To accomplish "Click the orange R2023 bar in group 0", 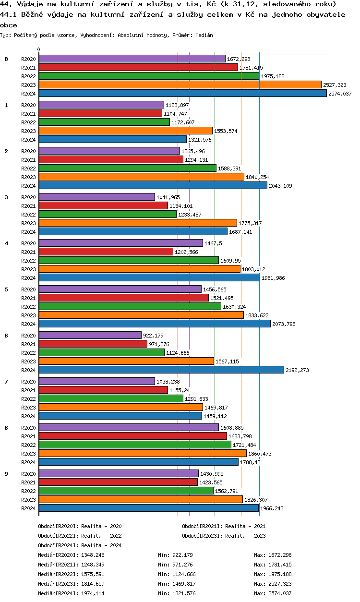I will coord(180,84).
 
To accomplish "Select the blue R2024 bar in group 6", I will coord(161,370).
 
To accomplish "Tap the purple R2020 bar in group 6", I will coord(90,335).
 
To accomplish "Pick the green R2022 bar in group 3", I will coord(108,214).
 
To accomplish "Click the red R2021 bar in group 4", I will coord(106,252).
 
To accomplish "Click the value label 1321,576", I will coord(200,140).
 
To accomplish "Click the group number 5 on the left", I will coord(6,289).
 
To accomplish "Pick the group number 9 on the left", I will coord(6,474).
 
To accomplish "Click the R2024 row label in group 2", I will coord(29,186).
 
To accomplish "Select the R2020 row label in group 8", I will coord(29,428).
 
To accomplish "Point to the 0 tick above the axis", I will coord(39,49).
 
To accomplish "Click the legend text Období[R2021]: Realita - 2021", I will coord(224,526).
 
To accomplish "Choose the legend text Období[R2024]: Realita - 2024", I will coord(80,545).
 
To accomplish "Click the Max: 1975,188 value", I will coord(273,574).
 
